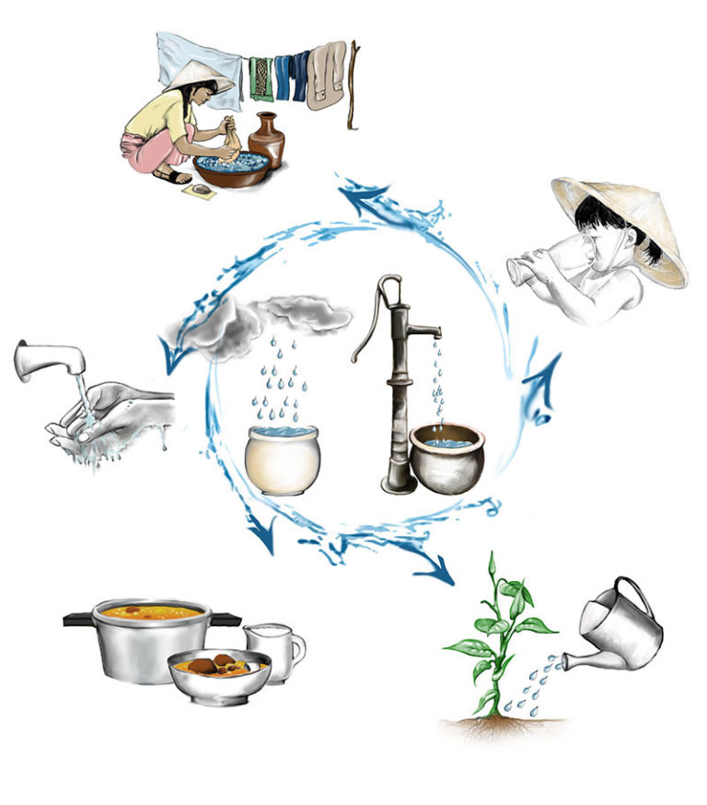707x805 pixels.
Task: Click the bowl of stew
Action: (x=219, y=675)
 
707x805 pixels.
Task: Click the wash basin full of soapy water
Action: (x=231, y=169)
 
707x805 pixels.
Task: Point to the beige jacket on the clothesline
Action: (x=326, y=75)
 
